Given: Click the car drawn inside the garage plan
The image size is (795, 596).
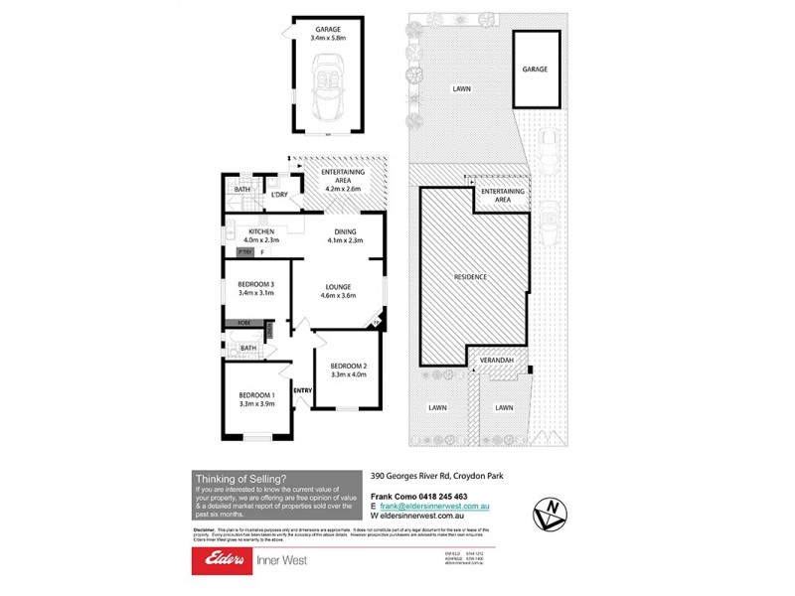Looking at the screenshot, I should [327, 88].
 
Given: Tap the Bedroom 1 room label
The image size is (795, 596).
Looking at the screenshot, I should [257, 398].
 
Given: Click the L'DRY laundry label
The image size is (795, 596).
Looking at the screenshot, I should [279, 195].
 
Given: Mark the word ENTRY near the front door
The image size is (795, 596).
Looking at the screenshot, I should [302, 390].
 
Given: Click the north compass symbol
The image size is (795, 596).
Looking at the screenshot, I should [549, 514].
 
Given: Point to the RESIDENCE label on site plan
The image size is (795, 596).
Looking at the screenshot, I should [470, 277].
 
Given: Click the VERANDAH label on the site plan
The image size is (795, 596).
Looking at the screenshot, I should [496, 361].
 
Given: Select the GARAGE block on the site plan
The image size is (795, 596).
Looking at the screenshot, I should [535, 70].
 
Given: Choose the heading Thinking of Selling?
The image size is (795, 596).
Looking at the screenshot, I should [241, 477].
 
